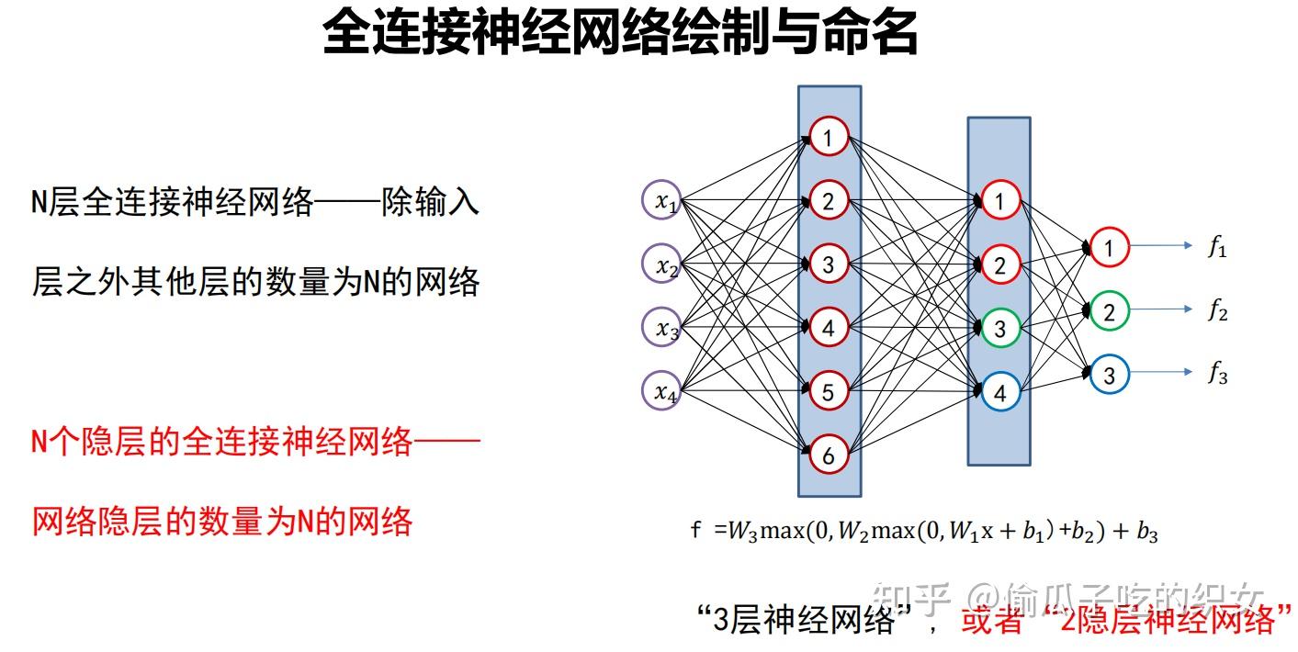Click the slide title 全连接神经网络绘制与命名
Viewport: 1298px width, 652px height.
[620, 34]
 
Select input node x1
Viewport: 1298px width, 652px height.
[661, 203]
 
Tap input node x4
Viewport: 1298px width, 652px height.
[661, 391]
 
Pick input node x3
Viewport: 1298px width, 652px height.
[661, 328]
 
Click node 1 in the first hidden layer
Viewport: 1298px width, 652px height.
[829, 139]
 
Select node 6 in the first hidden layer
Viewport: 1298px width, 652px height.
[829, 455]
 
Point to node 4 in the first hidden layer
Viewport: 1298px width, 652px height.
[829, 328]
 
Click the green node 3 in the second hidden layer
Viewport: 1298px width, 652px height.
[1000, 329]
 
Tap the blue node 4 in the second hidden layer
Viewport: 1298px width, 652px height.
[1000, 393]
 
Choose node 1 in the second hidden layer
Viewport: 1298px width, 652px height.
[1000, 201]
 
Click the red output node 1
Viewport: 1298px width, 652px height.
[1109, 248]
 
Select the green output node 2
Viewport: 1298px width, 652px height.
[1109, 312]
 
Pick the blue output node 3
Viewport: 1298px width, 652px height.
[1109, 375]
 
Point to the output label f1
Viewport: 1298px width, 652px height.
[1217, 248]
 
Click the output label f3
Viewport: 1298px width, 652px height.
[1217, 375]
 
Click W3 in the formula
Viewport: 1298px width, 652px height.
[740, 532]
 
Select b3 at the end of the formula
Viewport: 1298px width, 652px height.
[1146, 533]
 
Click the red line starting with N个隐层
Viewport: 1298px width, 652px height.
[255, 444]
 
